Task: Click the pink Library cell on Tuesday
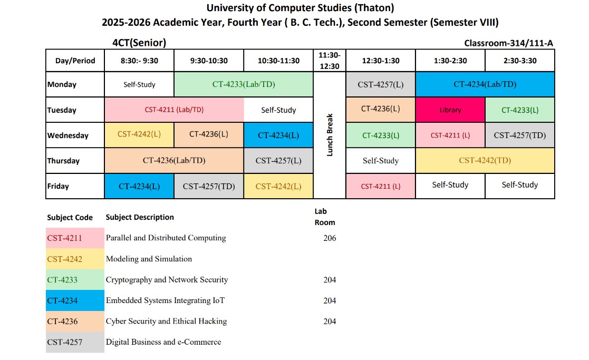450,110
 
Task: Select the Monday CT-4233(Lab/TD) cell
244,84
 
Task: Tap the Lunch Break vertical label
330,135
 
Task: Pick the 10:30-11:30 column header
278,61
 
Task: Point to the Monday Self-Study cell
139,84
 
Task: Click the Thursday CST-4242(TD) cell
485,160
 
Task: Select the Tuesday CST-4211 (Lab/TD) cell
174,110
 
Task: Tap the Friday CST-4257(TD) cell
209,186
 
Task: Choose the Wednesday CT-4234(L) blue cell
278,135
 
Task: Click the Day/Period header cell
75,61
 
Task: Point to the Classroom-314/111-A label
508,43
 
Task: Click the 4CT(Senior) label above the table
136,43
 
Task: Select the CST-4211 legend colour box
75,238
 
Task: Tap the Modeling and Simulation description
149,259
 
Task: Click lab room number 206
330,238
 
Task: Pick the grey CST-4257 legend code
65,342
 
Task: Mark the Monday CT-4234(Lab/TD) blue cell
485,84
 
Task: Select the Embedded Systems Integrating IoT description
165,300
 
